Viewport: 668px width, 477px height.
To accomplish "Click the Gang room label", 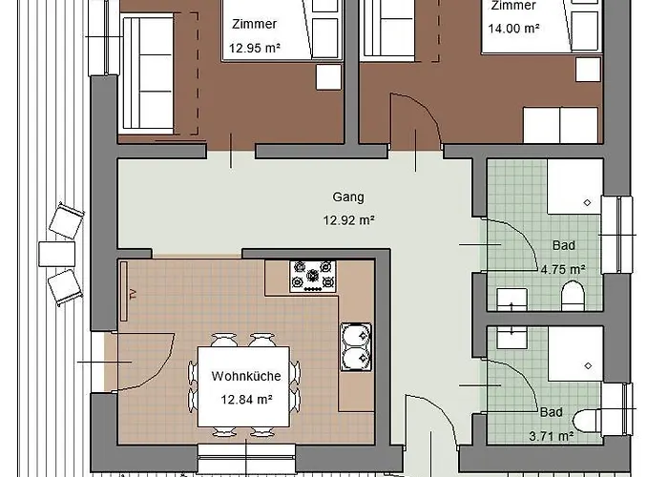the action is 348,197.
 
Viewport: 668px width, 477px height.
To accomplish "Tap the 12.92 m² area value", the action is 348,220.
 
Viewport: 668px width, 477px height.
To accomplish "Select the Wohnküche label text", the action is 246,376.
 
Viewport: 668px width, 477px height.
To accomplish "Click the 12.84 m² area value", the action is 246,400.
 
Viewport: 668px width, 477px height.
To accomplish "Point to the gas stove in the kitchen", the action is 313,277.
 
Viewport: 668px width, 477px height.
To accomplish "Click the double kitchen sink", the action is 356,347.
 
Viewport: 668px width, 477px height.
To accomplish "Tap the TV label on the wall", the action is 134,294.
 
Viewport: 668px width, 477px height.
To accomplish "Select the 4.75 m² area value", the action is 563,270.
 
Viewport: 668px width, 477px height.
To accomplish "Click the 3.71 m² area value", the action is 552,436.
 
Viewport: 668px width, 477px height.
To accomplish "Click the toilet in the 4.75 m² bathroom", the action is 573,296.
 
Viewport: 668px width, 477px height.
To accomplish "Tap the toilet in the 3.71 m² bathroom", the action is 586,421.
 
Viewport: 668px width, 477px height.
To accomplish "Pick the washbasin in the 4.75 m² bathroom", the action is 512,300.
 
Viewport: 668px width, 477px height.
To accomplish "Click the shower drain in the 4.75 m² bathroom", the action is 587,202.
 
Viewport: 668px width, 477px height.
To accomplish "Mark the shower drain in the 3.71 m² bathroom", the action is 588,365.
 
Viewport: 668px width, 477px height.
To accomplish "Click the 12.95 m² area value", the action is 255,48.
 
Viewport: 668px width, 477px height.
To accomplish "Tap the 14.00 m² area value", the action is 513,29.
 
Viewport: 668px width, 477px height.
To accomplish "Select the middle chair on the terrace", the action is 56,255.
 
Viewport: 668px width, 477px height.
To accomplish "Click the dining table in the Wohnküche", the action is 243,386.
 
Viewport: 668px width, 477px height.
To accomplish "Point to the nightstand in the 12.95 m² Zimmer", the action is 328,77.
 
